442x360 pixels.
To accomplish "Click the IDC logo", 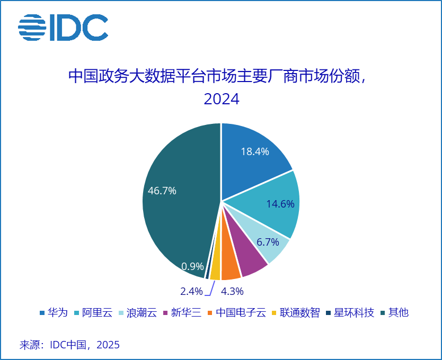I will (63, 28).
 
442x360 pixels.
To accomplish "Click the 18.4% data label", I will (254, 151).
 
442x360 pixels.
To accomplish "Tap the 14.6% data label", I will (280, 204).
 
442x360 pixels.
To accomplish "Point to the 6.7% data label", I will (267, 242).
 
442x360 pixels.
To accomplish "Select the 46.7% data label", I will (162, 191).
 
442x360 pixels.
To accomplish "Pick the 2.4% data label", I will (191, 291).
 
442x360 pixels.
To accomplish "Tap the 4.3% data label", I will (232, 291).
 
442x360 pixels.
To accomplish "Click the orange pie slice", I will (229, 269).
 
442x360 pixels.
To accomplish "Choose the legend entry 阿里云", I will (97, 312).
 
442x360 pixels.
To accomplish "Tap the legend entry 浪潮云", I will (141, 312).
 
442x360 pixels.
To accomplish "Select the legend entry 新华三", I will (185, 312).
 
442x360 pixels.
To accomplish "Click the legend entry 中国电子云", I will (237, 312).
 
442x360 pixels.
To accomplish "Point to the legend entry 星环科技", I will (351, 312).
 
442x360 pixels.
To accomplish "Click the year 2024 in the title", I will (221, 99).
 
